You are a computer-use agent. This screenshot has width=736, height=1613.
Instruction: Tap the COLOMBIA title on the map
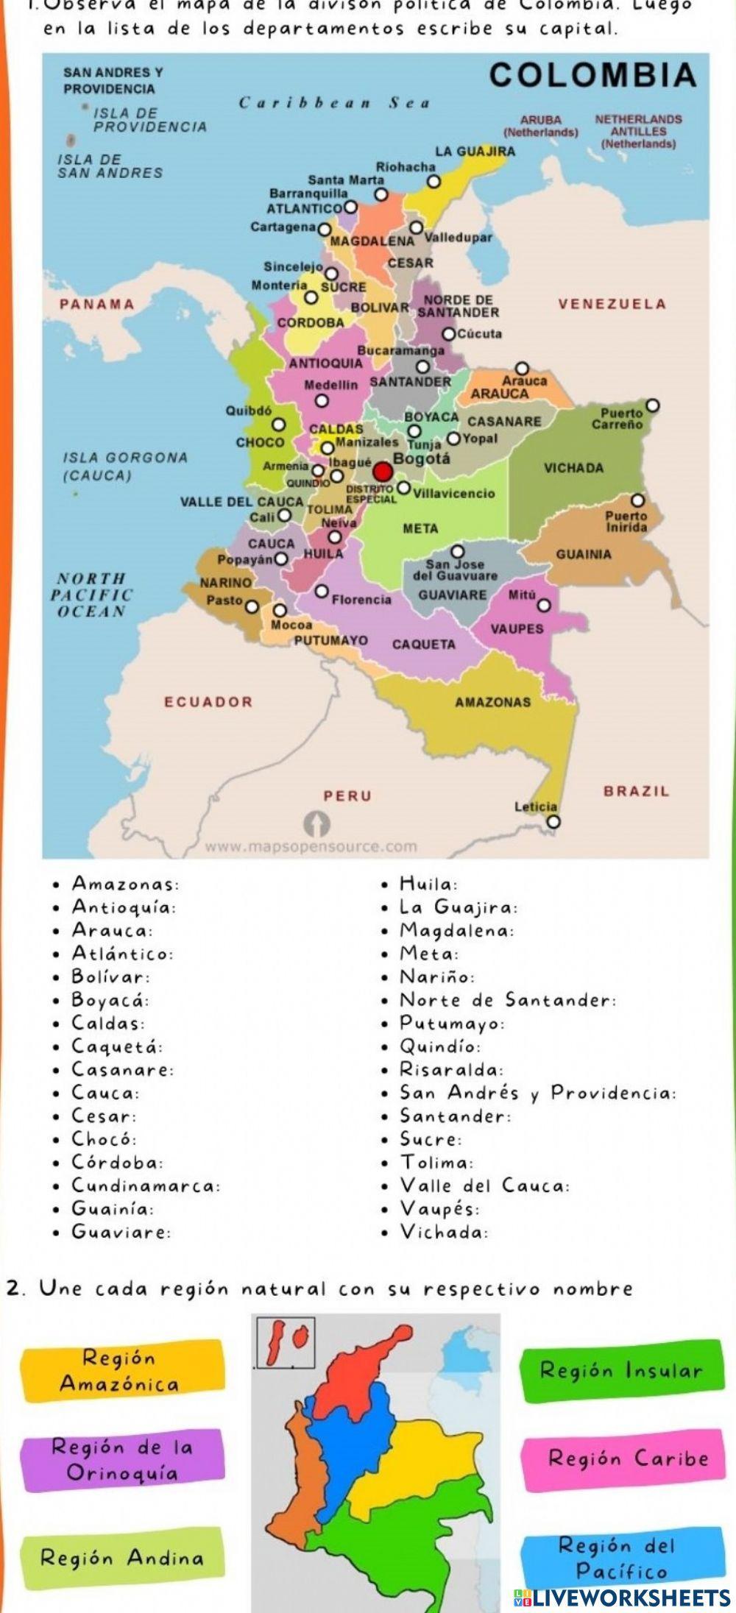tap(592, 75)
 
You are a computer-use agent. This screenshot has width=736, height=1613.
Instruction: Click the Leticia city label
tap(535, 806)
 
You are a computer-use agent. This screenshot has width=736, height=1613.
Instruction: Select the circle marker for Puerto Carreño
tap(652, 405)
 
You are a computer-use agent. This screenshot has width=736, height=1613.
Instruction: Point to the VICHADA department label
tap(573, 468)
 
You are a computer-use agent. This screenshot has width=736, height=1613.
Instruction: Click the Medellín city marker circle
tap(321, 401)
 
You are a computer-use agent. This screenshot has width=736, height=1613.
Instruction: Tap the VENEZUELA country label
tap(612, 304)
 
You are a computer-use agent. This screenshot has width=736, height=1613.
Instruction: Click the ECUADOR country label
tap(208, 701)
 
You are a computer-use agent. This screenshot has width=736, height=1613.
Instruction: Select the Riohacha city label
tap(406, 167)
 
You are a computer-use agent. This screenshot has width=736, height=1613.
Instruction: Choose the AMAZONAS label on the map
tap(492, 702)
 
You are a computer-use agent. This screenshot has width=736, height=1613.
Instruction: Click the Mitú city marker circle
tap(543, 606)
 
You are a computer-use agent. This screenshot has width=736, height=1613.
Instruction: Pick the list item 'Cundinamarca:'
tap(146, 1185)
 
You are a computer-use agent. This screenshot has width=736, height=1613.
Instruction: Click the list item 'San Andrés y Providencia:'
tap(537, 1093)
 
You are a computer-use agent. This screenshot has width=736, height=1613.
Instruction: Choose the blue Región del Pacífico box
tap(622, 1558)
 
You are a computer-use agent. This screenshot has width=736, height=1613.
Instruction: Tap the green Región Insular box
tap(623, 1370)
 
